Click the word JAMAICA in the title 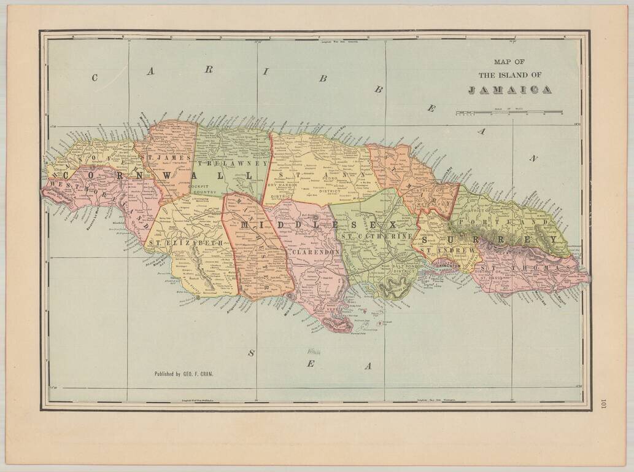(509, 90)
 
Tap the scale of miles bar (509, 112)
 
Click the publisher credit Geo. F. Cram (184, 373)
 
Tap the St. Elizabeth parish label (185, 243)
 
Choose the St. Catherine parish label (376, 236)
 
